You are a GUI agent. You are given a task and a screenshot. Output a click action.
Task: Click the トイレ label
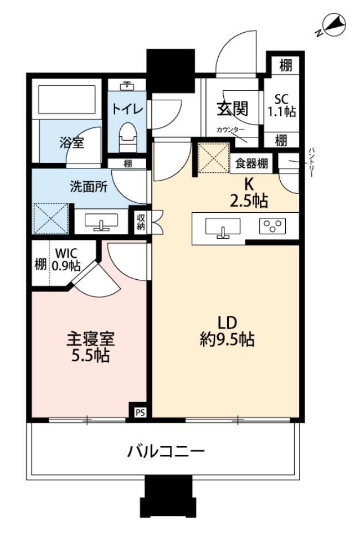click(x=128, y=108)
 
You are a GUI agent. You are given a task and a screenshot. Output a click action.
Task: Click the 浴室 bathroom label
click(x=72, y=142)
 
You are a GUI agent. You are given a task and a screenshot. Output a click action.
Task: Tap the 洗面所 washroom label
click(x=89, y=186)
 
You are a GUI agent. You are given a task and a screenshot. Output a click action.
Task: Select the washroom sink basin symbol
click(x=101, y=223)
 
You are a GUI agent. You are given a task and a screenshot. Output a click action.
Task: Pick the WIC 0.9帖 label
click(x=65, y=258)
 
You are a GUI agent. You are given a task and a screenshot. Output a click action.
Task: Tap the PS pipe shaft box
click(x=140, y=412)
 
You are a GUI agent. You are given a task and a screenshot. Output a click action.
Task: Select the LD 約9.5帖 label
click(x=227, y=331)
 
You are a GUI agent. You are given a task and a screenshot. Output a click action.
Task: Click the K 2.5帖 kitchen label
click(x=248, y=193)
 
